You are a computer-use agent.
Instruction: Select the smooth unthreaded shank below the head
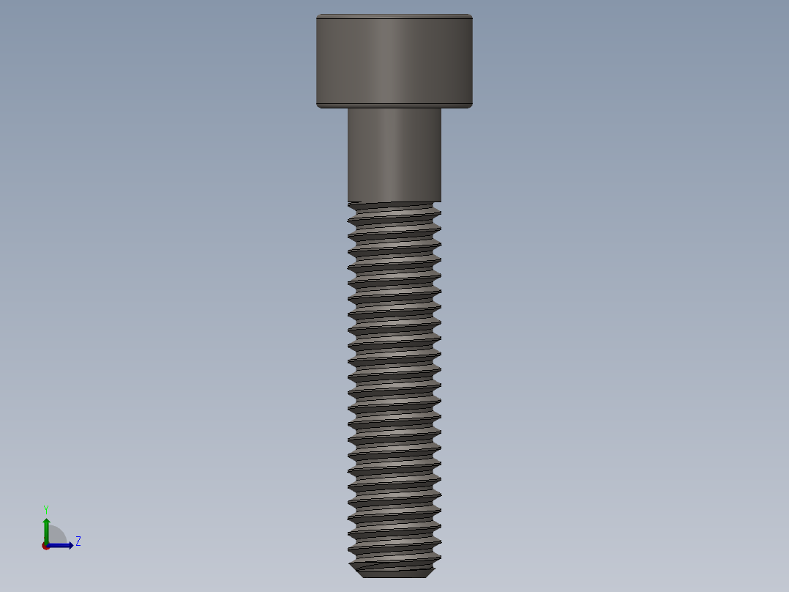tap(394, 154)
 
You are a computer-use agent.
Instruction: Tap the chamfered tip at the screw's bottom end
tap(394, 571)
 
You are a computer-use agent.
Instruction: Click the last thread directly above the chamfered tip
tap(394, 555)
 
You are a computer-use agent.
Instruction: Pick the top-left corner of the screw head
tap(318, 16)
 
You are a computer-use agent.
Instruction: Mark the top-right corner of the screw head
tap(471, 16)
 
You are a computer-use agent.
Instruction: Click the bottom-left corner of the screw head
tap(318, 106)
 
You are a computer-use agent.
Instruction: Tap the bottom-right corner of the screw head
tap(471, 106)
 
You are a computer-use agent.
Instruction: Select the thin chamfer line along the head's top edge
tap(394, 16)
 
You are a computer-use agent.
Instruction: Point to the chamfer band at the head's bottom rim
tap(394, 105)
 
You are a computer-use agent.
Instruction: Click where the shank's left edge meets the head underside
tap(348, 108)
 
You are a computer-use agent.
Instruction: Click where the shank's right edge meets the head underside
tap(441, 108)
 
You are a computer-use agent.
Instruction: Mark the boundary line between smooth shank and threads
tap(394, 201)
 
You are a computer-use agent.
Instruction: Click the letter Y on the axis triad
tap(45, 509)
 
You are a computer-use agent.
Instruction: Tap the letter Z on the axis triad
tap(78, 541)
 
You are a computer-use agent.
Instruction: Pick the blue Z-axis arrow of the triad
tap(61, 545)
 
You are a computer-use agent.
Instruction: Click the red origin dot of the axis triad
tap(45, 546)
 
